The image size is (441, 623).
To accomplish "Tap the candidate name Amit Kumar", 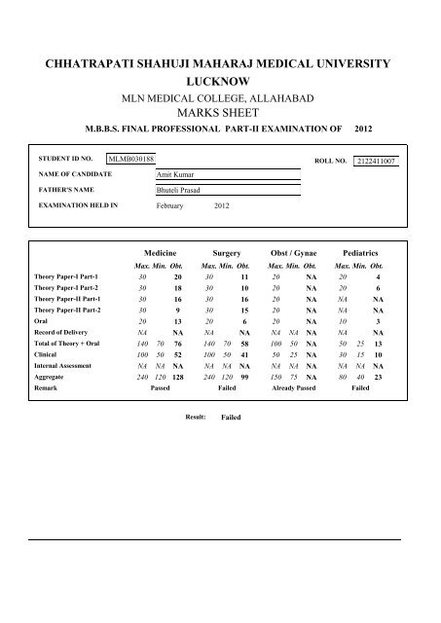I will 174,174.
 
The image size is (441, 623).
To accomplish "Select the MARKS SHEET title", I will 219,114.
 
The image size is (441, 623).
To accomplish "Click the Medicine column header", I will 160,251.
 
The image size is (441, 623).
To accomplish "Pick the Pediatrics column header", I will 359,251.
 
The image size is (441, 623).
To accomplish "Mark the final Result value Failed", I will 231,416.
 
